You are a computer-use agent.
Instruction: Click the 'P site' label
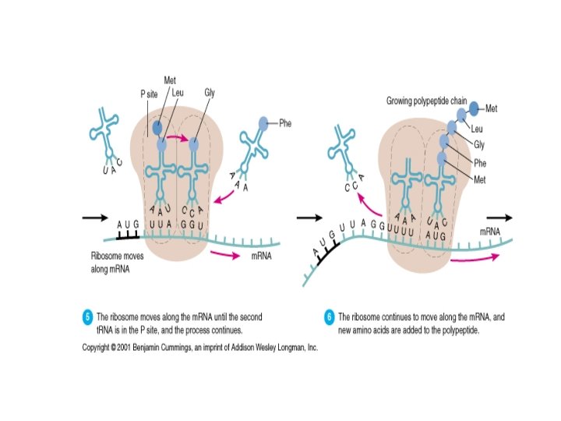coord(150,93)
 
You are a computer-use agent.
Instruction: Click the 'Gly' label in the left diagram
coord(209,92)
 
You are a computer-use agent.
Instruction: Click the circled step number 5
coord(88,317)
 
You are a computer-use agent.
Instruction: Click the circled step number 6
coord(330,317)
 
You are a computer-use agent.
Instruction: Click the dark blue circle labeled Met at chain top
coord(473,108)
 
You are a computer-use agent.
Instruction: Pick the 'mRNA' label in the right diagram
coord(490,232)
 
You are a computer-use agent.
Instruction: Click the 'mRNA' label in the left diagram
coord(260,256)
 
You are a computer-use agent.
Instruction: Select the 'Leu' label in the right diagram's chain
coord(477,128)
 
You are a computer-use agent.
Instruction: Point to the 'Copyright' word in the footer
coord(99,347)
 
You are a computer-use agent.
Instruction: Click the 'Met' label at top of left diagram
coord(170,80)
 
